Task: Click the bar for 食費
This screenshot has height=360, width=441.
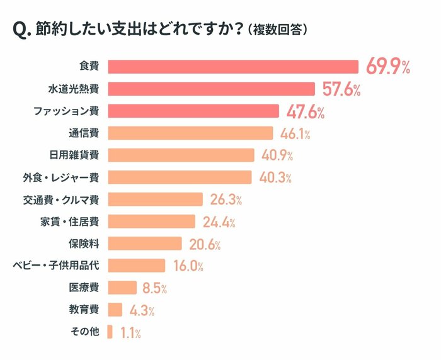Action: (x=233, y=67)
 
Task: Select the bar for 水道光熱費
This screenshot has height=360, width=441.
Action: (x=211, y=89)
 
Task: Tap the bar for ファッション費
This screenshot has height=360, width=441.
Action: (x=193, y=111)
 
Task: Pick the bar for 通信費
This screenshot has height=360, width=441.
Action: (x=190, y=133)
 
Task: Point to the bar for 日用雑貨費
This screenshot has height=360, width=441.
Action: (x=181, y=155)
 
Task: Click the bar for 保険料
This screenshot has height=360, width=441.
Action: (x=145, y=243)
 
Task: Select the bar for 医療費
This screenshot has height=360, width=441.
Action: (x=122, y=287)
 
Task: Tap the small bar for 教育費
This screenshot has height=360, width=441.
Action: (x=115, y=309)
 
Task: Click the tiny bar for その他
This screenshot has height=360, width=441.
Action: (x=110, y=332)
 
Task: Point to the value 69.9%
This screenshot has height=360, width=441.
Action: (x=388, y=67)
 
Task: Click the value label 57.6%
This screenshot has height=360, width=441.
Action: (x=341, y=89)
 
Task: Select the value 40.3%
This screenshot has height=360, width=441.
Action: (x=275, y=177)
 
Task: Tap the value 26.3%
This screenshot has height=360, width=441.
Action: (x=226, y=200)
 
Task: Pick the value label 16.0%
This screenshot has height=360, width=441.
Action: (x=188, y=266)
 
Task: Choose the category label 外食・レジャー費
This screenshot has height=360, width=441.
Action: (x=64, y=177)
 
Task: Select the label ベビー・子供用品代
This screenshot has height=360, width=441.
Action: (x=55, y=266)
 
